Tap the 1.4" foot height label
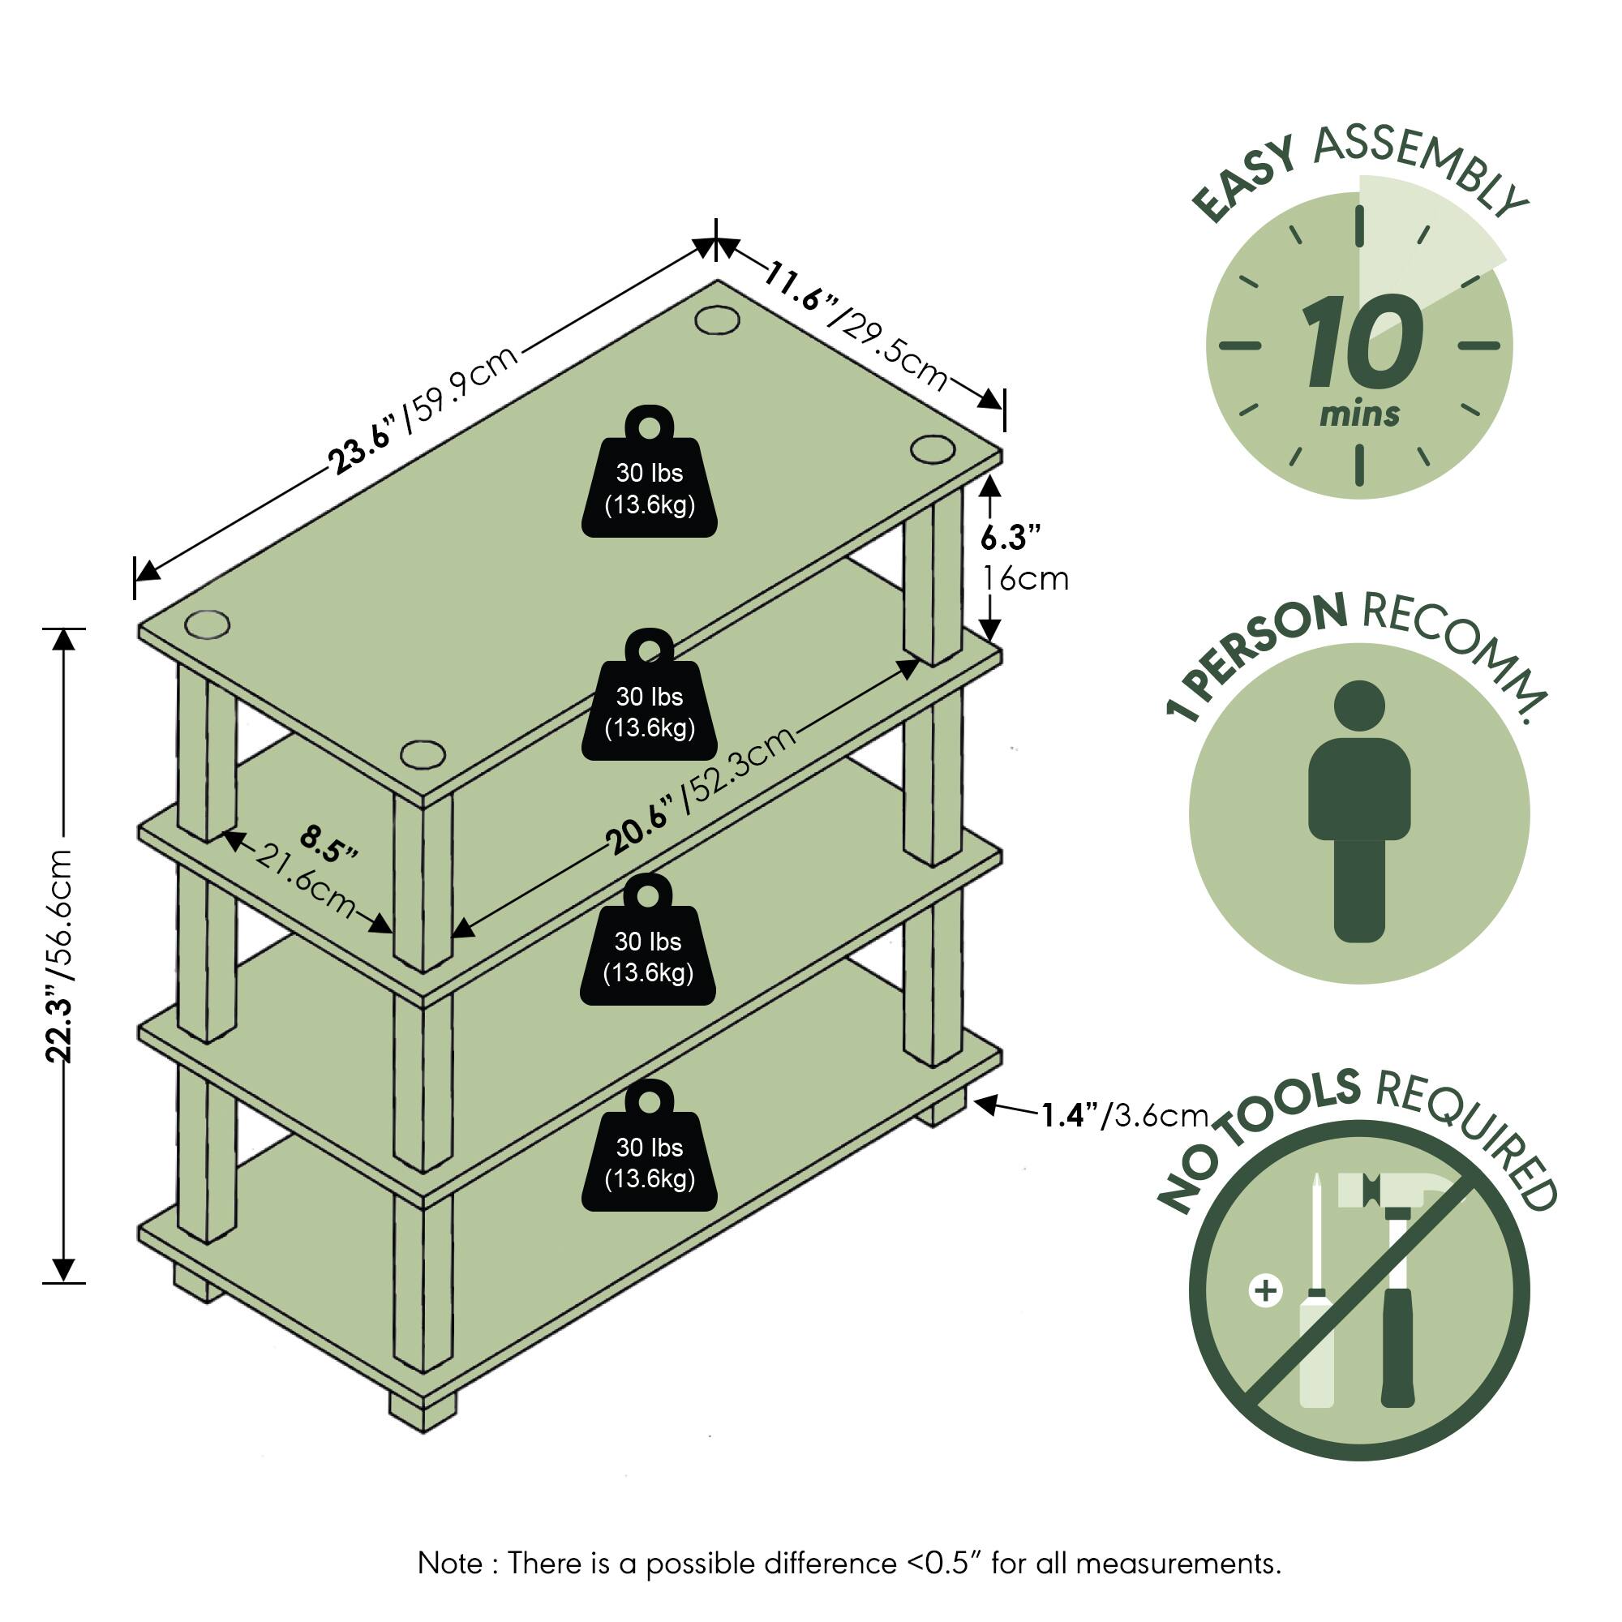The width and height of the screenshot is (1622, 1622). [1069, 1116]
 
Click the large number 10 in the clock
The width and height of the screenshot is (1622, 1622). [1361, 344]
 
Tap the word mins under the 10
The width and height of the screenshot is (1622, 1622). [1359, 414]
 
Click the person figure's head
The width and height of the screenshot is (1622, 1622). [1358, 706]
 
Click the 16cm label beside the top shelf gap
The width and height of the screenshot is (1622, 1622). [1025, 579]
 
